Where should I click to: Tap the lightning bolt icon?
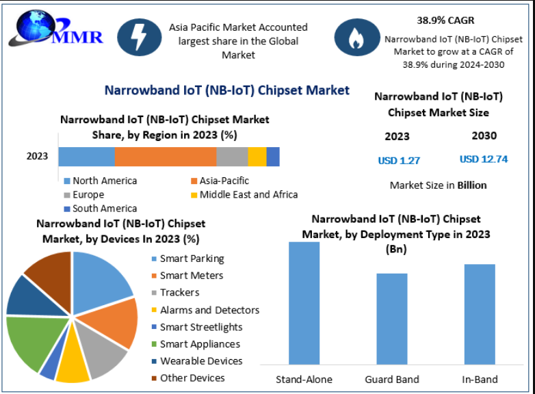[139, 37]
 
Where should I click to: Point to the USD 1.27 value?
[399, 161]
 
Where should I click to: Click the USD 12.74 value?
[484, 159]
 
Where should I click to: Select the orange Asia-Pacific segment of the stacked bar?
[165, 157]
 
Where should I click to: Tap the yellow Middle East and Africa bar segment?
[257, 157]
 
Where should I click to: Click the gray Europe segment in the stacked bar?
[232, 157]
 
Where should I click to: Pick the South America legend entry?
[104, 209]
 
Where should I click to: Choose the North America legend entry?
[104, 181]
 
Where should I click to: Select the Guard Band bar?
[392, 318]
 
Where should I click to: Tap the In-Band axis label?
[480, 379]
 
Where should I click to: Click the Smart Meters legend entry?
[191, 276]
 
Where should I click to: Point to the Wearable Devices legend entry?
[200, 361]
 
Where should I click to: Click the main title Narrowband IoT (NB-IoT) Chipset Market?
[226, 90]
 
